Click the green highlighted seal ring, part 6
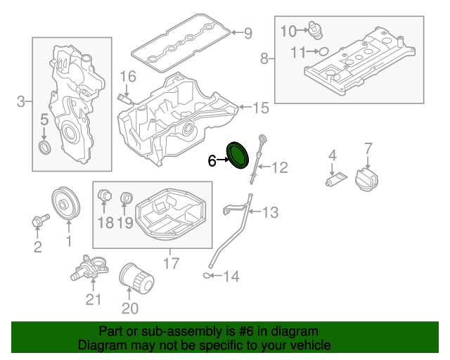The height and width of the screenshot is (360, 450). [238, 155]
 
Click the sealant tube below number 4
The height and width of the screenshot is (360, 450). [335, 180]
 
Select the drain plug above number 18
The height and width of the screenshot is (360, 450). [105, 194]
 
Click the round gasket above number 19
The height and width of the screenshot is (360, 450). [127, 196]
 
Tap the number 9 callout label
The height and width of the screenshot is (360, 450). [247, 32]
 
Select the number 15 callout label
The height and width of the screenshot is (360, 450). [260, 108]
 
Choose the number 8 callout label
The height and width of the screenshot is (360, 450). [264, 58]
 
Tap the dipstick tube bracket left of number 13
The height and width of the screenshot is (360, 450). [234, 209]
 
